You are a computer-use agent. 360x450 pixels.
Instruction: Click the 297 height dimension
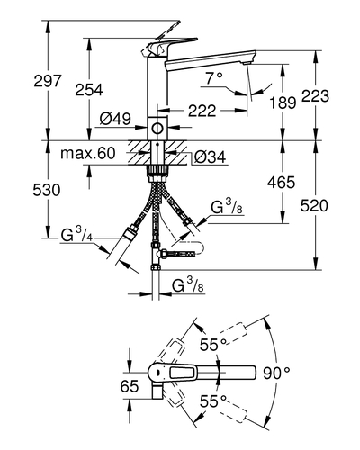[48, 81]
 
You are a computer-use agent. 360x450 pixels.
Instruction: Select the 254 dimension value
[89, 90]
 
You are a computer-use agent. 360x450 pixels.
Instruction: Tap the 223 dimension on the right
[315, 96]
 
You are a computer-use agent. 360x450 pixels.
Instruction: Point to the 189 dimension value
[283, 103]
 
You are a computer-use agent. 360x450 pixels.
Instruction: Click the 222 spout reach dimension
[202, 111]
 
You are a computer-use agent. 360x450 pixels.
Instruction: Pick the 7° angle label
[214, 78]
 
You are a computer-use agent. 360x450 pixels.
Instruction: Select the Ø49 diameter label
[115, 119]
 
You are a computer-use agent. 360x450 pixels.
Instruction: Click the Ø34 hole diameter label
[210, 157]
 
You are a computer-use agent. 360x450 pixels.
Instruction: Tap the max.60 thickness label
[88, 153]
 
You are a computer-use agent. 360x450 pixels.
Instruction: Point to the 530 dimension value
[47, 190]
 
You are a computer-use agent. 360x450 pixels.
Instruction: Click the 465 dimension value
[282, 182]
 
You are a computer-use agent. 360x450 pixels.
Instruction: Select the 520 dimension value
[314, 206]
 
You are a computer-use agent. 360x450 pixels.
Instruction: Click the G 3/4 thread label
[76, 234]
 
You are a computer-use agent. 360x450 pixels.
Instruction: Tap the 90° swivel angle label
[276, 373]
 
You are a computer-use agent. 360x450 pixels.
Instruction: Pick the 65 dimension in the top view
[130, 386]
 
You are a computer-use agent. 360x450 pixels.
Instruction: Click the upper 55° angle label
[213, 345]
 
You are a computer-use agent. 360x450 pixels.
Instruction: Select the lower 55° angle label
[213, 400]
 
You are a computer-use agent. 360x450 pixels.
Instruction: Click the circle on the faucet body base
[157, 129]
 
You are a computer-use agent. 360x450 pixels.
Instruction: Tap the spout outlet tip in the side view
[247, 63]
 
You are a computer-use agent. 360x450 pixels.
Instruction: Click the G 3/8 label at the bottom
[188, 285]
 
